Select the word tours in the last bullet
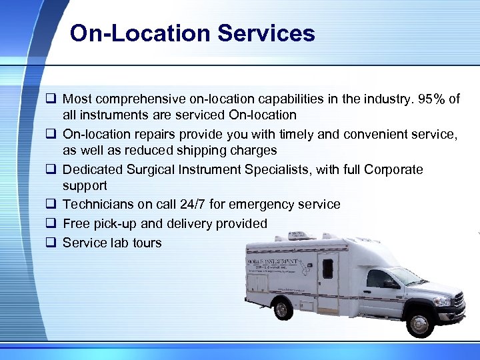(x=147, y=243)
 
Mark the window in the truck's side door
(x=327, y=268)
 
